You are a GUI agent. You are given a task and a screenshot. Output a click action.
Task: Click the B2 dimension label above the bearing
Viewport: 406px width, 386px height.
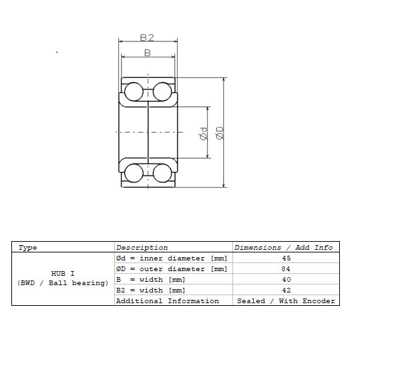147,37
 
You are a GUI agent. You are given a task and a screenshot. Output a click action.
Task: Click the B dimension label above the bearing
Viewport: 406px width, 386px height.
148,53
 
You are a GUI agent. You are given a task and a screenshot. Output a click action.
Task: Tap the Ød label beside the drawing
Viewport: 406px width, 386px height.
204,134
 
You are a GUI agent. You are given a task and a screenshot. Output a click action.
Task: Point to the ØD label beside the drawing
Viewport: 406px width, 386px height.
220,133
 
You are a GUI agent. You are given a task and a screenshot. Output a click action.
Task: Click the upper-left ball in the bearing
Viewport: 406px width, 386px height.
134,91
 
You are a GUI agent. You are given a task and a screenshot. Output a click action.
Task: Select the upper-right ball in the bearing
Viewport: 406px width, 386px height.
162,91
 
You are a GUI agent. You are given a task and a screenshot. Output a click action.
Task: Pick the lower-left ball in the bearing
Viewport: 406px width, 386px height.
134,173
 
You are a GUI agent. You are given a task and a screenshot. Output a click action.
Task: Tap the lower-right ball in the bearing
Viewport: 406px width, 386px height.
162,173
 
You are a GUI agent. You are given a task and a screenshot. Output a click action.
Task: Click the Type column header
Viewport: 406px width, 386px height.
27,248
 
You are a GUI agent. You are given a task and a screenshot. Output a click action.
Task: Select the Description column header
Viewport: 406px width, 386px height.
142,248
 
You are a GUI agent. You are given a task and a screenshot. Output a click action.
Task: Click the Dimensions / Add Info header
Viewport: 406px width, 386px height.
284,248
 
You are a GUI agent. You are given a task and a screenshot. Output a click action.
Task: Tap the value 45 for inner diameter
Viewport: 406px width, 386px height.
286,258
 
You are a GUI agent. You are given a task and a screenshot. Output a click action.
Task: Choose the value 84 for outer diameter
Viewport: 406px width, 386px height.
286,268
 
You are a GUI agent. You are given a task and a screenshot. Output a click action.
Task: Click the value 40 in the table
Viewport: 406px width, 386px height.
286,279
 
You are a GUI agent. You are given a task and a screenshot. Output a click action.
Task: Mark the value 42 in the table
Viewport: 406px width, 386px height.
286,291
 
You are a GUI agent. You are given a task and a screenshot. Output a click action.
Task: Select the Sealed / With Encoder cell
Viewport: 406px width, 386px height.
286,301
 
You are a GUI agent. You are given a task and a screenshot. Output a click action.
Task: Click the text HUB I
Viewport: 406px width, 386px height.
63,273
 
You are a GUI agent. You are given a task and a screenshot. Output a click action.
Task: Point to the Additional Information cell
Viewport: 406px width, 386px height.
168,301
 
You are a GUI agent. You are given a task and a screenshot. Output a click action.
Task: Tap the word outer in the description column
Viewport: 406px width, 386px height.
151,269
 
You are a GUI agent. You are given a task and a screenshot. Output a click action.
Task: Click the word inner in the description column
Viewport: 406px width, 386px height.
151,258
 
